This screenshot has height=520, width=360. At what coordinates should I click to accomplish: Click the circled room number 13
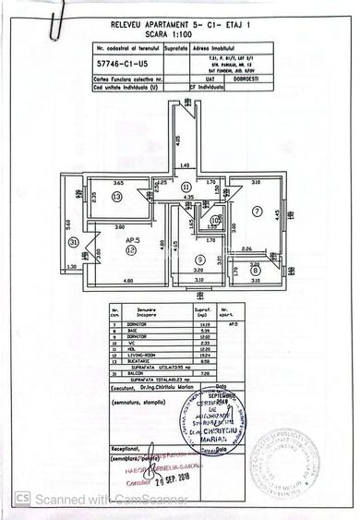pos(116,197)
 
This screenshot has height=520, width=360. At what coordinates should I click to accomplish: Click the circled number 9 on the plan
pos(200,260)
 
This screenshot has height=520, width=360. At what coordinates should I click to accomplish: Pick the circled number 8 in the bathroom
pos(255,270)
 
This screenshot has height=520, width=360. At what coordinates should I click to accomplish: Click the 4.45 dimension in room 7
pos(276,213)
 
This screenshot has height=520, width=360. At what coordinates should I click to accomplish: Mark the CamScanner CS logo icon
pos(19,498)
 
